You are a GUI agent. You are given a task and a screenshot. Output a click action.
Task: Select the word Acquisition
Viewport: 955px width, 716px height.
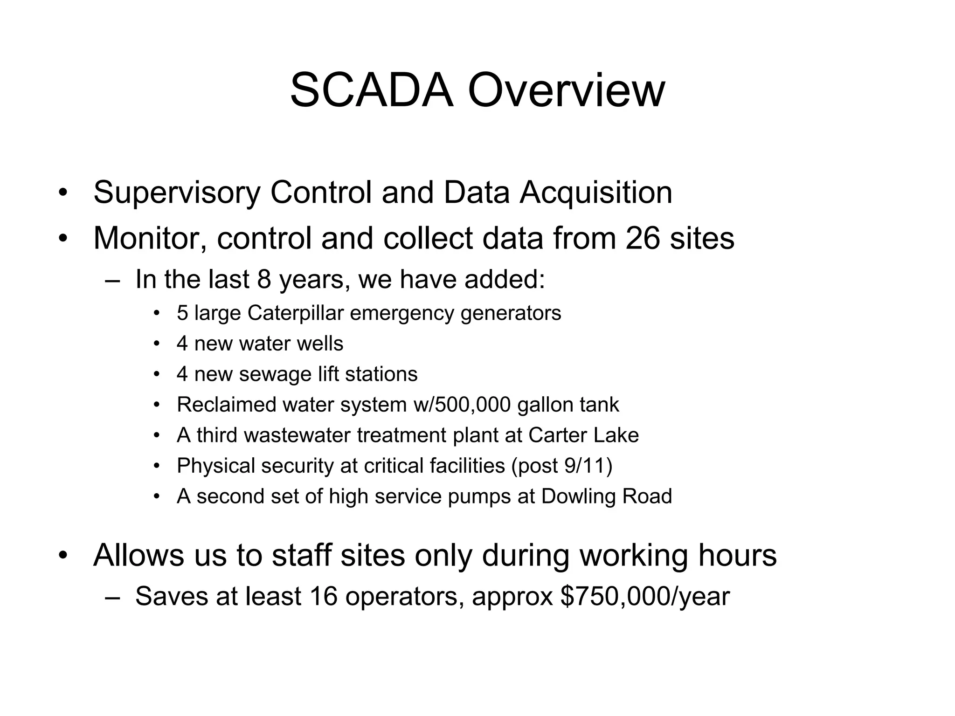[x=596, y=193]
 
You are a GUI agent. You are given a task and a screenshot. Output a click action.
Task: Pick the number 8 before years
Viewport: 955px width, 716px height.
[x=264, y=280]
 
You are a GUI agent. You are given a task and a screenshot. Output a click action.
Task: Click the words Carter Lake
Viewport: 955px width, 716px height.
[x=583, y=435]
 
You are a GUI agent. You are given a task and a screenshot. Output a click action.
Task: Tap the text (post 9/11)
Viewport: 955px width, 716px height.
[x=561, y=466]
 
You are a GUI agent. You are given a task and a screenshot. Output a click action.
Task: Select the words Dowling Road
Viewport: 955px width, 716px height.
[x=606, y=496]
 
